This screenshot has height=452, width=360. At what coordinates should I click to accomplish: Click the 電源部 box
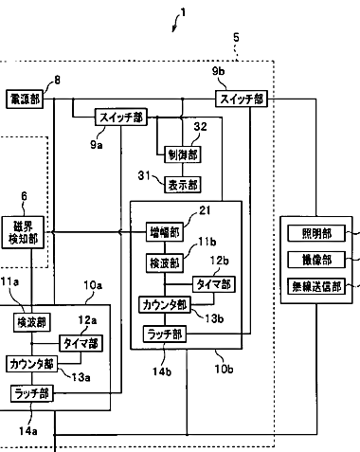[25, 99]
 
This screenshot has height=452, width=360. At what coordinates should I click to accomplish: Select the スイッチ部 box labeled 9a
[121, 118]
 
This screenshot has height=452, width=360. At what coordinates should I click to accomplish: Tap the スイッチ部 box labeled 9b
[242, 99]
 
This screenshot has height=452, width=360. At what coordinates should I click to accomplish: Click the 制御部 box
[183, 154]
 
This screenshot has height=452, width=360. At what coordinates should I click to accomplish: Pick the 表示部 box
[183, 185]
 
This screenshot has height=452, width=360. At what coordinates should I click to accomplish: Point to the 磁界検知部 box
[23, 232]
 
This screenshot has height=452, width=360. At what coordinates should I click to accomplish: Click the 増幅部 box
[165, 232]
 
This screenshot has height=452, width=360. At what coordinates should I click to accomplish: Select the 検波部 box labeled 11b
[165, 262]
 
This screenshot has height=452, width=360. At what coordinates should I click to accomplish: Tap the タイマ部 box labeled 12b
[214, 284]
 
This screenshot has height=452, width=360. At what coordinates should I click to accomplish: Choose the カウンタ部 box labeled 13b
[165, 305]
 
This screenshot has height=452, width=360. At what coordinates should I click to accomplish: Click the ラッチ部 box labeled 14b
[165, 334]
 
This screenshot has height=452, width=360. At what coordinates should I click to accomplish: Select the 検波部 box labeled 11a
[31, 322]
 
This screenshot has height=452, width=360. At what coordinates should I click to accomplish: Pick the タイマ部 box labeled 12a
[81, 343]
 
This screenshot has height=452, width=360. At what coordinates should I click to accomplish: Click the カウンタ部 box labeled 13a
[31, 364]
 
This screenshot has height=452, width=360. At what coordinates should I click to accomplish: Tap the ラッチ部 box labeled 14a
[31, 393]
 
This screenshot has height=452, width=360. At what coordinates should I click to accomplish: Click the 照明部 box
[316, 233]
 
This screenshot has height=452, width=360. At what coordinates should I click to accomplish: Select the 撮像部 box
[316, 260]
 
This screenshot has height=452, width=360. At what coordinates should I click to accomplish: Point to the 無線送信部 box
[316, 286]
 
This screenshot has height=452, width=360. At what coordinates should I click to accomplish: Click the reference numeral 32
[200, 127]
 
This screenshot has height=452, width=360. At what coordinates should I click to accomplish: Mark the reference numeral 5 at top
[236, 38]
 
